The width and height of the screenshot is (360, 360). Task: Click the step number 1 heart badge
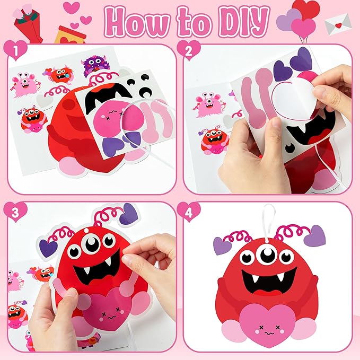click(x=15, y=50)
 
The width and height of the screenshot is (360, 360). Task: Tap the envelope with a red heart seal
click(x=338, y=24)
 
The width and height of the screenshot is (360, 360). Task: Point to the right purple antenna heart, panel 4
click(x=314, y=235)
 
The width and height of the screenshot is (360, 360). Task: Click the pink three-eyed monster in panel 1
click(x=25, y=84)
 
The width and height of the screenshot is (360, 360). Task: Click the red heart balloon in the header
click(x=305, y=9)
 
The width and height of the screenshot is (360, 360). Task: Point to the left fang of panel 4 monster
click(x=254, y=278)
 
